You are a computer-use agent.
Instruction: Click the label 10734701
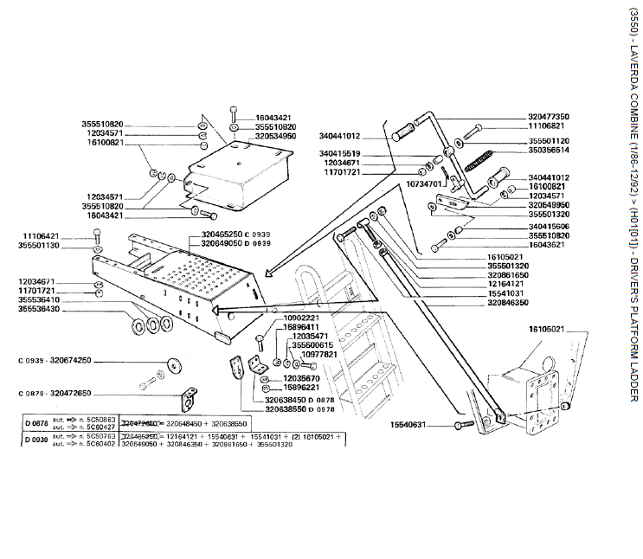click(x=424, y=183)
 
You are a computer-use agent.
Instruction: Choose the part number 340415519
click(x=315, y=153)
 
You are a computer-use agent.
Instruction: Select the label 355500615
click(x=312, y=344)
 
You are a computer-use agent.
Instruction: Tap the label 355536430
click(x=42, y=308)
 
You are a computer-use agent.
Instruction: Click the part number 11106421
click(x=42, y=235)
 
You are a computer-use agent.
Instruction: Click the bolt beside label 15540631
click(x=460, y=426)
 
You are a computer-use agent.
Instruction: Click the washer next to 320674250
click(x=175, y=363)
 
